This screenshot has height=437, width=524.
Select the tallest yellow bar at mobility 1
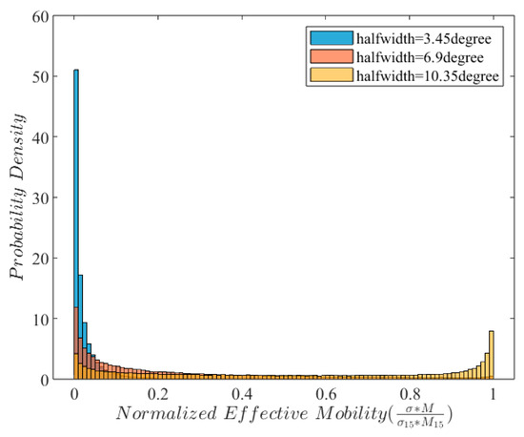coord(491,355)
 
